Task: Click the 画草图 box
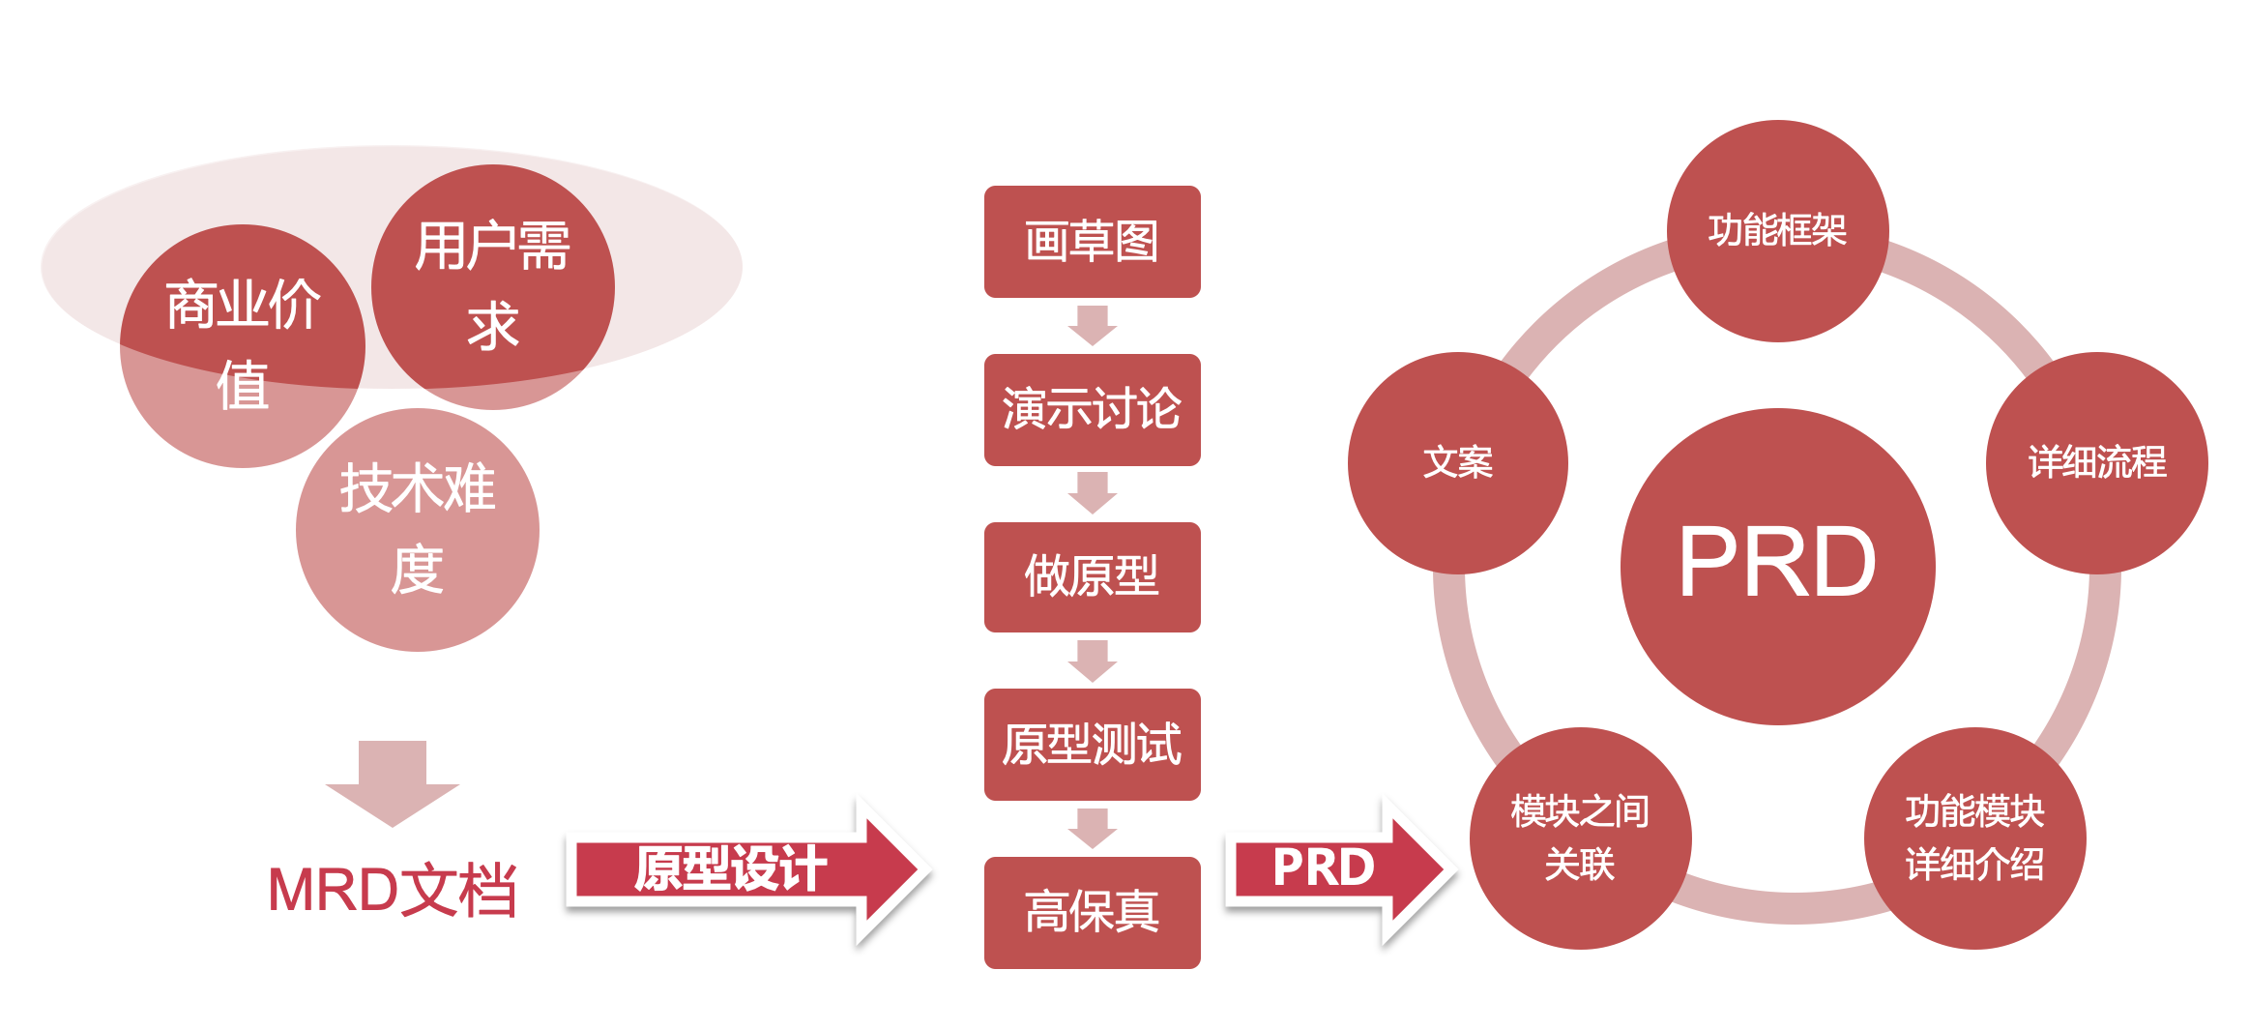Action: pos(1092,242)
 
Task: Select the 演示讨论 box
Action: pos(1092,409)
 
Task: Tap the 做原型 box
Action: pos(1092,576)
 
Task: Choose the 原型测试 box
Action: pos(1092,744)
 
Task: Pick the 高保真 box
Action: pos(1092,912)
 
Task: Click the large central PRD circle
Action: pos(1777,566)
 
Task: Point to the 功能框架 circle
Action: pos(1777,230)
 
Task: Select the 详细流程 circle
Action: pos(2096,462)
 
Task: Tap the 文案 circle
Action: pos(1457,462)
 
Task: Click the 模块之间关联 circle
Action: pos(1580,838)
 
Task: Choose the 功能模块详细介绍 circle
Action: pos(1974,838)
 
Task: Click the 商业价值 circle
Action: pos(242,345)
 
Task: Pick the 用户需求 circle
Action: pos(493,286)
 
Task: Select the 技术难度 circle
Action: pos(418,529)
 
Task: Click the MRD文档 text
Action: pos(392,890)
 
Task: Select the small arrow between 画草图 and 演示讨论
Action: pos(1093,325)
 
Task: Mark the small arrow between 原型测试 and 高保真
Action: pos(1093,828)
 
